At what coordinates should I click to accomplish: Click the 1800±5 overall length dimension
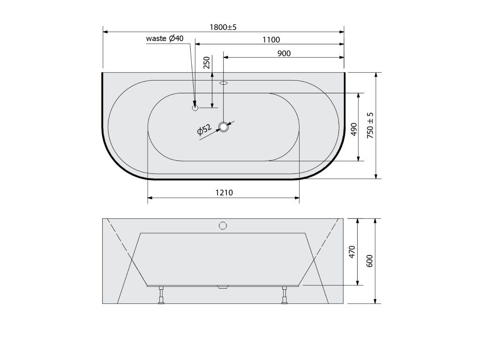click(223, 27)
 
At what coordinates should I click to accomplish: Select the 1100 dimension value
click(271, 40)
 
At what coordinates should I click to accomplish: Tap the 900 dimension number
click(284, 53)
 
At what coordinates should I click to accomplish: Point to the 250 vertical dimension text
click(207, 62)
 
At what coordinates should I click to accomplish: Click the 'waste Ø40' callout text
click(165, 38)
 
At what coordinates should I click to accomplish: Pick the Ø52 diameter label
click(204, 129)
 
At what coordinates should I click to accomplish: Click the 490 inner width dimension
click(354, 129)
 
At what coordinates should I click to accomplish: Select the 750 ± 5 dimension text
click(370, 125)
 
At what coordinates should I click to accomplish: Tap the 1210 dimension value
click(224, 193)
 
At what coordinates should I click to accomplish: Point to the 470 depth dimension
click(352, 252)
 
